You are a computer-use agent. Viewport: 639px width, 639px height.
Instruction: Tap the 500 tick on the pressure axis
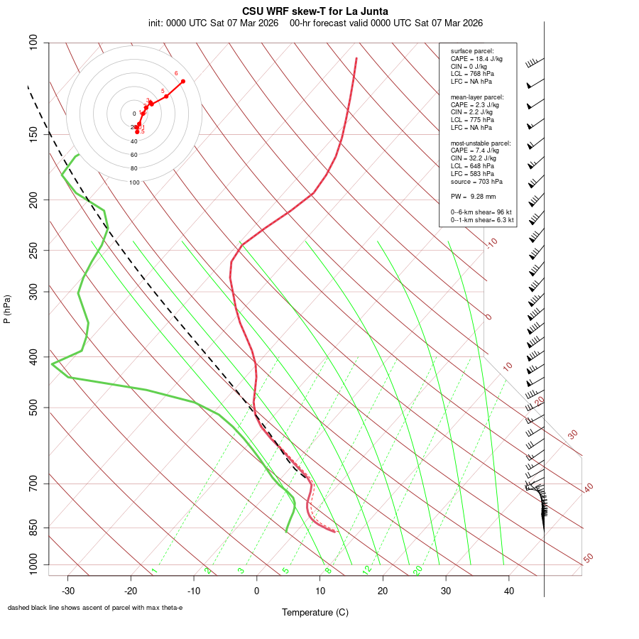tap(33, 408)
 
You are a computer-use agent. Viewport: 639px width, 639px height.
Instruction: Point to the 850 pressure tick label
tap(33, 528)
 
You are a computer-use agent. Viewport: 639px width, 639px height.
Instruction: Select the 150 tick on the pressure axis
tap(33, 134)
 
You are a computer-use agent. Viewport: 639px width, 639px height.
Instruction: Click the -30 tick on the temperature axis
tap(68, 591)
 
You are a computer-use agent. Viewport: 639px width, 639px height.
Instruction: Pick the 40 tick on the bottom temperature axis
tap(508, 591)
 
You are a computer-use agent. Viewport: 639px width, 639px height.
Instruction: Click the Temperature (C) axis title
tap(315, 612)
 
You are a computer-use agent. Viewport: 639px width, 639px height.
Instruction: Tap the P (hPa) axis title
tap(7, 309)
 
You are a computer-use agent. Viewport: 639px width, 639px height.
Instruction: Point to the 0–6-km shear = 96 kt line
tap(481, 212)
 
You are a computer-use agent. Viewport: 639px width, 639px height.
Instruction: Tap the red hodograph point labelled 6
tap(182, 81)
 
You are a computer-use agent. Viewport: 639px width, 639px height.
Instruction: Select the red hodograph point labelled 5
tap(166, 96)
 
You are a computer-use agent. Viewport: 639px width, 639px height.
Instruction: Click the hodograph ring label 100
tap(134, 182)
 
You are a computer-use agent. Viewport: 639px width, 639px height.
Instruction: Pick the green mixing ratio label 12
tap(367, 569)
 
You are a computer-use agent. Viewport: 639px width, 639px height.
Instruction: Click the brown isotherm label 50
tap(588, 559)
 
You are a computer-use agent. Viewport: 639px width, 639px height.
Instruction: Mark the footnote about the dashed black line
tap(95, 608)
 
